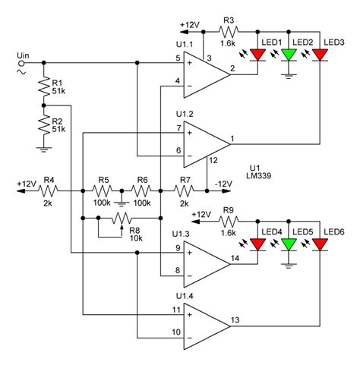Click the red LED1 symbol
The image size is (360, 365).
pyautogui.click(x=259, y=55)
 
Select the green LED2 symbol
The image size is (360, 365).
pyautogui.click(x=289, y=55)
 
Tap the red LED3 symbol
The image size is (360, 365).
pyautogui.click(x=319, y=55)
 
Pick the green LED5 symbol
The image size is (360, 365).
pyautogui.click(x=289, y=244)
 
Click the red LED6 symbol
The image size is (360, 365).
pyautogui.click(x=319, y=244)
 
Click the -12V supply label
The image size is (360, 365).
pyautogui.click(x=225, y=184)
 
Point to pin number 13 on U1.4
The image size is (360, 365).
pyautogui.click(x=236, y=316)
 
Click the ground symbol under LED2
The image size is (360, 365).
pyautogui.click(x=289, y=74)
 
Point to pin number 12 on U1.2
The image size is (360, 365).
pyautogui.click(x=213, y=160)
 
